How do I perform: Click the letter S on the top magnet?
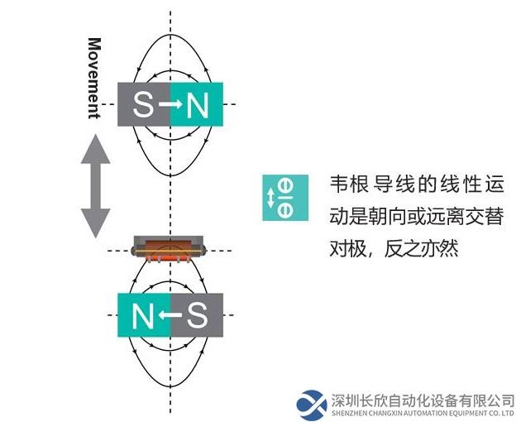pos(144,104)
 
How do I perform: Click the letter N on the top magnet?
pos(198,104)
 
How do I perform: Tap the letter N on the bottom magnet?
pos(143,315)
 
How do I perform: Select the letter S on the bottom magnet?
pos(197,315)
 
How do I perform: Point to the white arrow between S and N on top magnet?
pos(170,104)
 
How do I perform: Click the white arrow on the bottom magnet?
pos(170,315)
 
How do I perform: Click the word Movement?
pos(94,78)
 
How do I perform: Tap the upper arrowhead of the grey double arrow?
pos(96,149)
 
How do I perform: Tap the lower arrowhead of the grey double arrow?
pos(96,223)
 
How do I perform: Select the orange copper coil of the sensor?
pos(169,249)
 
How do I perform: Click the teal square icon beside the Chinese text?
pos(285,198)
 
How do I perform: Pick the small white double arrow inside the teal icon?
pos(270,198)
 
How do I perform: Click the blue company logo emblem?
pos(311,405)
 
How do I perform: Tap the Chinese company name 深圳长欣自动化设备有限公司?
pos(423,400)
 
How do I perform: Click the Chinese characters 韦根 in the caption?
pos(349,184)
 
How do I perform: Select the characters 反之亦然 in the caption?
pos(422,248)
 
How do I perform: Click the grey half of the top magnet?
pos(144,104)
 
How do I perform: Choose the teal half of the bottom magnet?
pos(144,315)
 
